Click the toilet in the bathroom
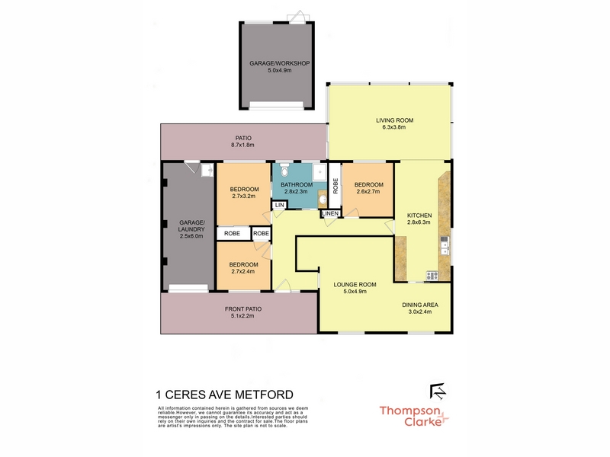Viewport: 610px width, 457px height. click(284, 170)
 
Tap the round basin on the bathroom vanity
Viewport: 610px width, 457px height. click(323, 200)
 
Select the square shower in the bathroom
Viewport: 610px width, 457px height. click(319, 172)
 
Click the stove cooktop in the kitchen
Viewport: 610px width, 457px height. click(432, 276)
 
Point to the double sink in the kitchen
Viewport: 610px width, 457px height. click(445, 245)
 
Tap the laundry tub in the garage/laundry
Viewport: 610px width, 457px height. click(207, 170)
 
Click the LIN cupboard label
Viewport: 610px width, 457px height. click(279, 205)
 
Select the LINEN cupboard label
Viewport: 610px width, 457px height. click(330, 213)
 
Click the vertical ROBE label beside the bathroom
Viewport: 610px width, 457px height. click(335, 186)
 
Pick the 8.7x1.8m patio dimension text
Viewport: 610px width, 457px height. click(242, 145)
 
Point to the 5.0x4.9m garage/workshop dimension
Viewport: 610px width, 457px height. click(279, 70)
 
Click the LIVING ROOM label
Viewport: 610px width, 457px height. click(394, 120)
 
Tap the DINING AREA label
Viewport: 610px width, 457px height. click(420, 305)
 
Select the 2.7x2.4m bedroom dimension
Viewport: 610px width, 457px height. click(243, 271)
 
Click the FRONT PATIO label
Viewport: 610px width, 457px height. click(243, 309)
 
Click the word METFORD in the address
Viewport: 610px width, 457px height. click(265, 395)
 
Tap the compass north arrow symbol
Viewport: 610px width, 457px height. click(438, 391)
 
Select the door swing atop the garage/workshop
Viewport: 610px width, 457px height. click(298, 16)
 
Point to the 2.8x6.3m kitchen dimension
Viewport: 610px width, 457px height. click(419, 222)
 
